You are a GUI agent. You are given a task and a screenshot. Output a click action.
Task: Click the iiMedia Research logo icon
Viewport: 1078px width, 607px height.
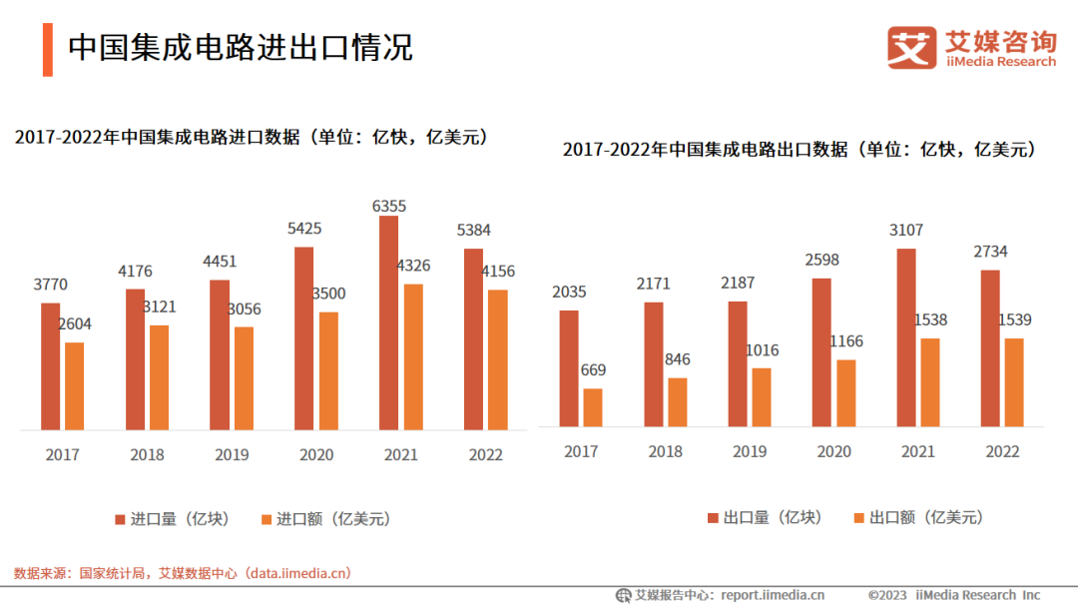911,47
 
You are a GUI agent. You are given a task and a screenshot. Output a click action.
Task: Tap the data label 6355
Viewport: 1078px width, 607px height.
389,206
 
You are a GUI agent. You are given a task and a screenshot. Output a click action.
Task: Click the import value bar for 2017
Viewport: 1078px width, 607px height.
75,386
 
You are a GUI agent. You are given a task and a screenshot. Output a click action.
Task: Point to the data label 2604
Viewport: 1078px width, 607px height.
75,324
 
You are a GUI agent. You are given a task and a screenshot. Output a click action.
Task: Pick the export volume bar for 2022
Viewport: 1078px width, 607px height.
990,348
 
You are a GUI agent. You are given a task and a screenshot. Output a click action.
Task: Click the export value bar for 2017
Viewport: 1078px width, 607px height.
593,407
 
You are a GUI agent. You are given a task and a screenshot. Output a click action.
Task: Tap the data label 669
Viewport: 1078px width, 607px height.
593,370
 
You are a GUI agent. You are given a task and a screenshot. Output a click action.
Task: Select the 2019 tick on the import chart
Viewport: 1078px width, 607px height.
232,455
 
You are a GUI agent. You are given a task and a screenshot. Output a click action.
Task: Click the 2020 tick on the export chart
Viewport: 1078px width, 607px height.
834,451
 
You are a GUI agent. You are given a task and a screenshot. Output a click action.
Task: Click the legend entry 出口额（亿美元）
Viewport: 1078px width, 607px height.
918,517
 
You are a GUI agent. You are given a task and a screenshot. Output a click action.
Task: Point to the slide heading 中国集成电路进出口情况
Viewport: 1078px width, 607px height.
241,48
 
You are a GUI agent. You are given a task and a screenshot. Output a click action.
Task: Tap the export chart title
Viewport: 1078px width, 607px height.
799,150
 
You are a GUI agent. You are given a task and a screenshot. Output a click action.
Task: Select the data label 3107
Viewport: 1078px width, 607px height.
906,231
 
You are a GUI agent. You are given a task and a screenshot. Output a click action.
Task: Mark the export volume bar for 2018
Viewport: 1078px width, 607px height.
654,364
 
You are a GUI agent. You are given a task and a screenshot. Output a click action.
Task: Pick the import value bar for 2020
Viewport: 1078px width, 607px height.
328,370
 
